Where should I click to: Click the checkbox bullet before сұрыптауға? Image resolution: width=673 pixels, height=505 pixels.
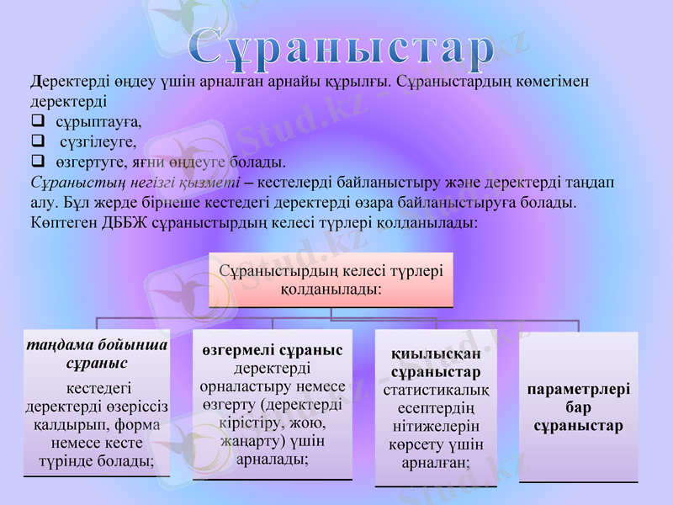pyautogui.click(x=37, y=121)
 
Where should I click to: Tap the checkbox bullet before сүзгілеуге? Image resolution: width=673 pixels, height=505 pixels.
pyautogui.click(x=37, y=141)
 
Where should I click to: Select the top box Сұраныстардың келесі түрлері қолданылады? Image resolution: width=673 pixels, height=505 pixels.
pyautogui.click(x=331, y=279)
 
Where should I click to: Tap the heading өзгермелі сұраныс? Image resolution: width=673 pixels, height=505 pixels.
pyautogui.click(x=273, y=350)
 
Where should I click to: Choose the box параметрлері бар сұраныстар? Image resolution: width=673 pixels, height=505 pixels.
pyautogui.click(x=579, y=407)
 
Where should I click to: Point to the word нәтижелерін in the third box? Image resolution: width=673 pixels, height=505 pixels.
pyautogui.click(x=436, y=427)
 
